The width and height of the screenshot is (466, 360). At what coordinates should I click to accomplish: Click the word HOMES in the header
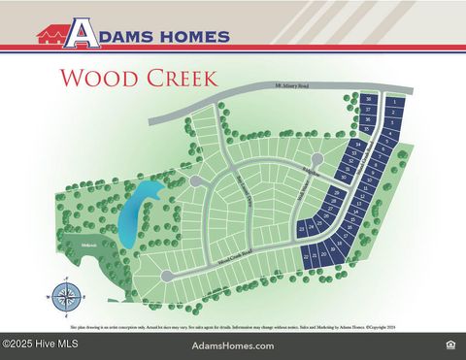190,37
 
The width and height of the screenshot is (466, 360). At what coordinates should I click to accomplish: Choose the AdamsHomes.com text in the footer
233,345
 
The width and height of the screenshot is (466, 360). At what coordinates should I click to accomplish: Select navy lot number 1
393,101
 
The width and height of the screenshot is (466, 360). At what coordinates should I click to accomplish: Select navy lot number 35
369,129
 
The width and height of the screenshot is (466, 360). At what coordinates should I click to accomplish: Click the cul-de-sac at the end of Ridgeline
316,159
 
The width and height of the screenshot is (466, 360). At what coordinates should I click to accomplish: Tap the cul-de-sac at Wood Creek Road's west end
167,277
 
